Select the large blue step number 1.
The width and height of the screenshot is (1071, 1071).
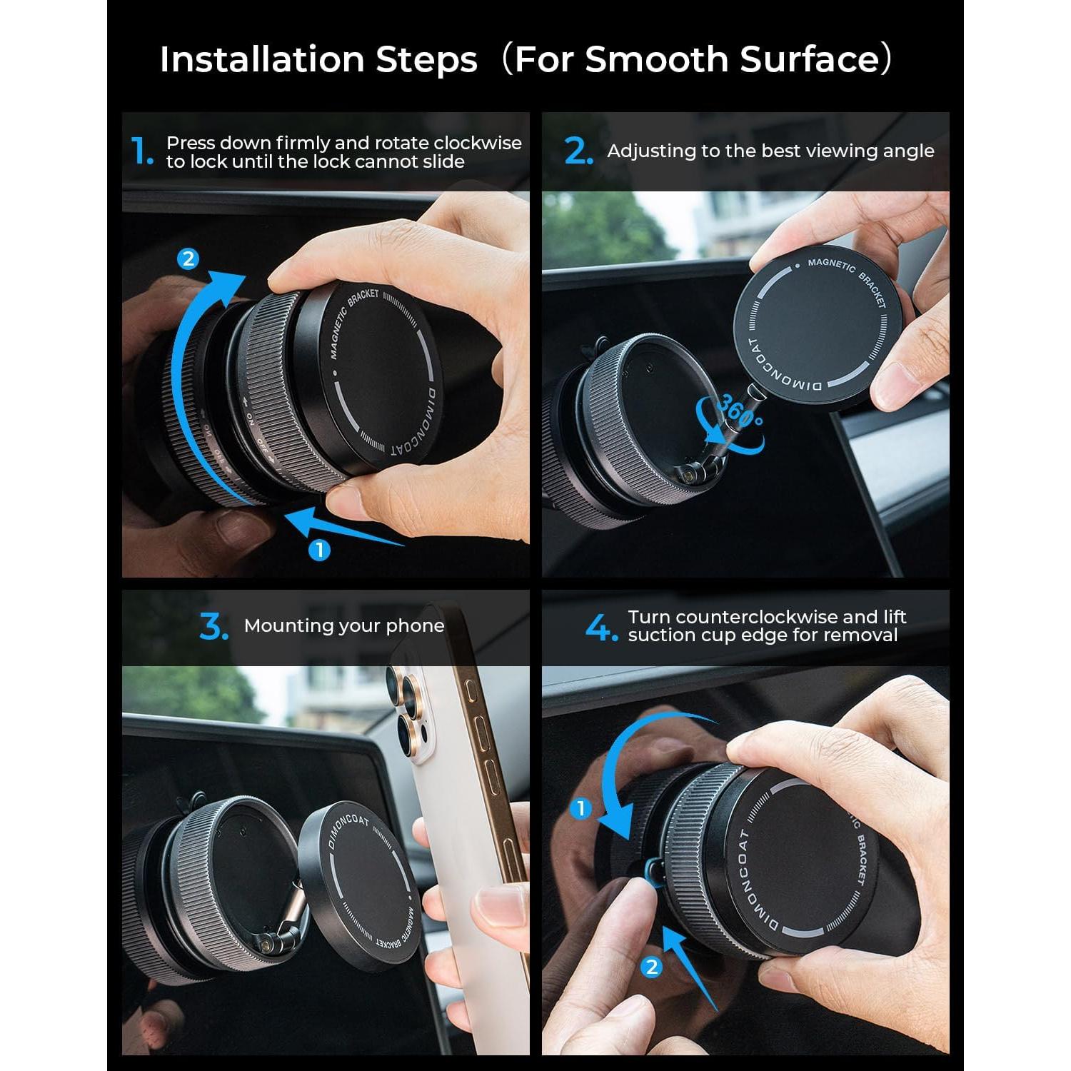click(x=141, y=152)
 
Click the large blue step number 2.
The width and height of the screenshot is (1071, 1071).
click(x=578, y=152)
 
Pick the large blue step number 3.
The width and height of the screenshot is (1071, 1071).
click(x=213, y=627)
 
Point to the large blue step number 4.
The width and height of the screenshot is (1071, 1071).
click(x=600, y=628)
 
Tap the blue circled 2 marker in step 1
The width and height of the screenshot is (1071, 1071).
click(x=188, y=258)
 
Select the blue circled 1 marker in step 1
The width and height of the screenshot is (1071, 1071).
click(x=319, y=550)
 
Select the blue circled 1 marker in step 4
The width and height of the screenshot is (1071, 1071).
click(x=581, y=808)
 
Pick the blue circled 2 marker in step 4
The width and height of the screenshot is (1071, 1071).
click(x=651, y=967)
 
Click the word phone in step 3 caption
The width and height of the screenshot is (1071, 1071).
click(x=415, y=626)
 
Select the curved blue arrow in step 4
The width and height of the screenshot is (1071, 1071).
click(x=621, y=771)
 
